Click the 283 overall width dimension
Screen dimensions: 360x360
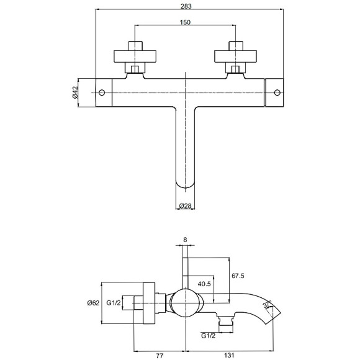[x=186, y=6]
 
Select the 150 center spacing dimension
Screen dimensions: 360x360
[x=185, y=22]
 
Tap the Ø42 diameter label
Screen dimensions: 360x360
[x=75, y=92]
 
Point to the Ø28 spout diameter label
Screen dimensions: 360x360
[x=185, y=206]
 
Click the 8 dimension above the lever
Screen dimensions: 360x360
[x=185, y=240]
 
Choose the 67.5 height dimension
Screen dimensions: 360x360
[x=238, y=276]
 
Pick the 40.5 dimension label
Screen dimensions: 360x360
[x=204, y=284]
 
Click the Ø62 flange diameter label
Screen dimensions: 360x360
[x=93, y=303]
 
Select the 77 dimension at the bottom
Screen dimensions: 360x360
[x=160, y=356]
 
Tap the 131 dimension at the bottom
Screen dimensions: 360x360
[x=229, y=356]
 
